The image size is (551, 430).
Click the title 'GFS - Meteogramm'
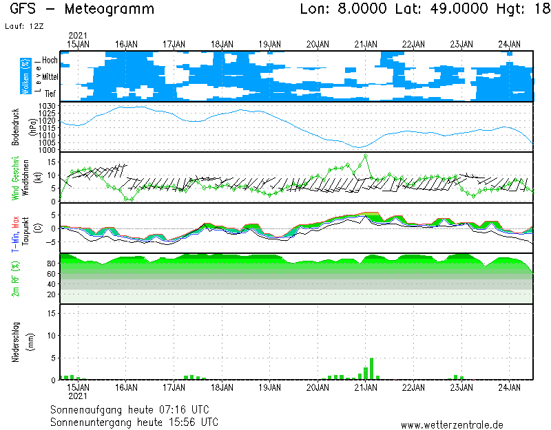(x=83, y=10)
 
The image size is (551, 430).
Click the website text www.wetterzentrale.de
(x=452, y=425)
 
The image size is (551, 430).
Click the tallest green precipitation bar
(x=372, y=369)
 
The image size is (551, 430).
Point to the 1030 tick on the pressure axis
(x=47, y=106)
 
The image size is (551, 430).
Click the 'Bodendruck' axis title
(x=14, y=127)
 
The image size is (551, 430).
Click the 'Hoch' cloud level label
(x=50, y=61)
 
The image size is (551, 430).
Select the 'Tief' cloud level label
(x=50, y=92)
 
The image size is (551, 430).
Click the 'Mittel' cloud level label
(x=50, y=76)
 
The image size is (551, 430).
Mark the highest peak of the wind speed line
(x=365, y=155)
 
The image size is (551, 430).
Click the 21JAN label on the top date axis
(x=366, y=44)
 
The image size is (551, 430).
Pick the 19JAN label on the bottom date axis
(x=269, y=387)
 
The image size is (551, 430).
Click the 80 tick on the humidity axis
(x=51, y=264)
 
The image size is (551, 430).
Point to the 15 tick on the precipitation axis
(x=51, y=313)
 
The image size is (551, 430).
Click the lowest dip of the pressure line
(x=358, y=147)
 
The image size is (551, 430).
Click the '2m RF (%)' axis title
(x=14, y=279)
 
